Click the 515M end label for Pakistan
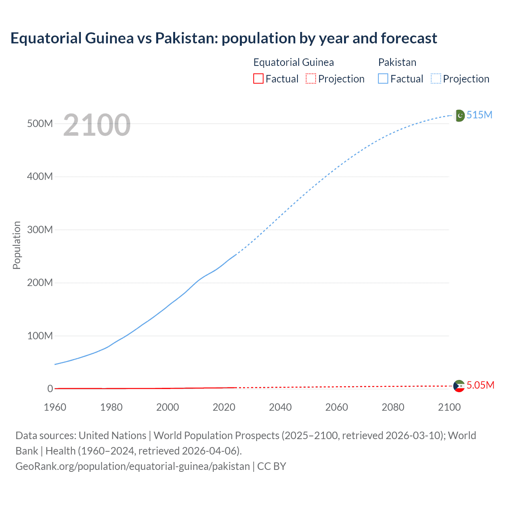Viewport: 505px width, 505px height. click(479, 115)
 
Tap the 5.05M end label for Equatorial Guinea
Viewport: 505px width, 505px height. click(480, 385)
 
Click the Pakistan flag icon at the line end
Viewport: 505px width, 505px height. click(460, 115)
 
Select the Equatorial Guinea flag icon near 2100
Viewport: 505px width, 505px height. click(459, 386)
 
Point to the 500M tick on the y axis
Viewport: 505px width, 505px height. click(40, 123)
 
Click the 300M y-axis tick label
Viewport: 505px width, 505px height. click(40, 230)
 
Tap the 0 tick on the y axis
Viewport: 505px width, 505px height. click(50, 389)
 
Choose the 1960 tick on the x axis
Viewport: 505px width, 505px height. click(55, 407)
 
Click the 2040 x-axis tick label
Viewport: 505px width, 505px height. click(280, 407)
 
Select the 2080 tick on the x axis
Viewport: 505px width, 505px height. click(393, 407)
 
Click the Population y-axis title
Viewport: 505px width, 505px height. click(17, 245)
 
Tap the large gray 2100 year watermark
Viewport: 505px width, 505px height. click(97, 125)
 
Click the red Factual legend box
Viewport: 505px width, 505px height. click(258, 79)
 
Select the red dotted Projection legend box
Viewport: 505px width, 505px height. click(311, 79)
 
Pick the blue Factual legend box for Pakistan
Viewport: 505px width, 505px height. click(383, 79)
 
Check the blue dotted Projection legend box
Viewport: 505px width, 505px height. click(436, 79)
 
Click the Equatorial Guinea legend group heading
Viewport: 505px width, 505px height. click(294, 62)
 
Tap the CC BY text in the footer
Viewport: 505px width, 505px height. click(271, 466)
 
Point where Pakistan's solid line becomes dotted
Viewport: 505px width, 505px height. click(236, 255)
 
